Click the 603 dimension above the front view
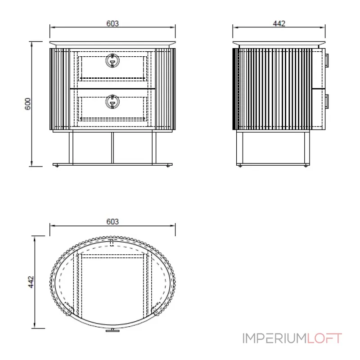[x=112, y=23]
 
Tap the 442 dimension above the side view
[x=279, y=23]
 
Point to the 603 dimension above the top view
[x=112, y=221]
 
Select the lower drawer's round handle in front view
[x=112, y=102]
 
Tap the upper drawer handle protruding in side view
[x=328, y=61]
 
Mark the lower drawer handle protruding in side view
[x=328, y=102]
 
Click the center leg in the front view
[x=112, y=147]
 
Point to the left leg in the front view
[x=71, y=147]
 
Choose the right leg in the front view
[x=154, y=147]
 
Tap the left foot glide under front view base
[x=57, y=166]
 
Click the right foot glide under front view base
[x=168, y=166]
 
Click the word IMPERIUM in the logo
[x=274, y=338]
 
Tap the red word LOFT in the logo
[x=325, y=338]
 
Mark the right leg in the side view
[x=306, y=147]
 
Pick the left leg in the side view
[x=240, y=147]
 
